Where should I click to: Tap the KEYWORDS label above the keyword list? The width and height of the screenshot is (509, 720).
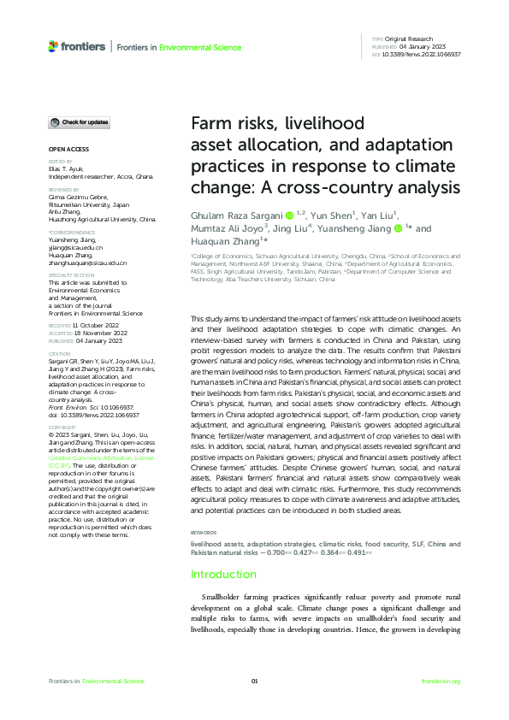pos(203,532)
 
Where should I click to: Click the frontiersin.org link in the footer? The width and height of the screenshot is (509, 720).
pos(441,681)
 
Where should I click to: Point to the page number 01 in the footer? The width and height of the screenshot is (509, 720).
pos(254,681)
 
